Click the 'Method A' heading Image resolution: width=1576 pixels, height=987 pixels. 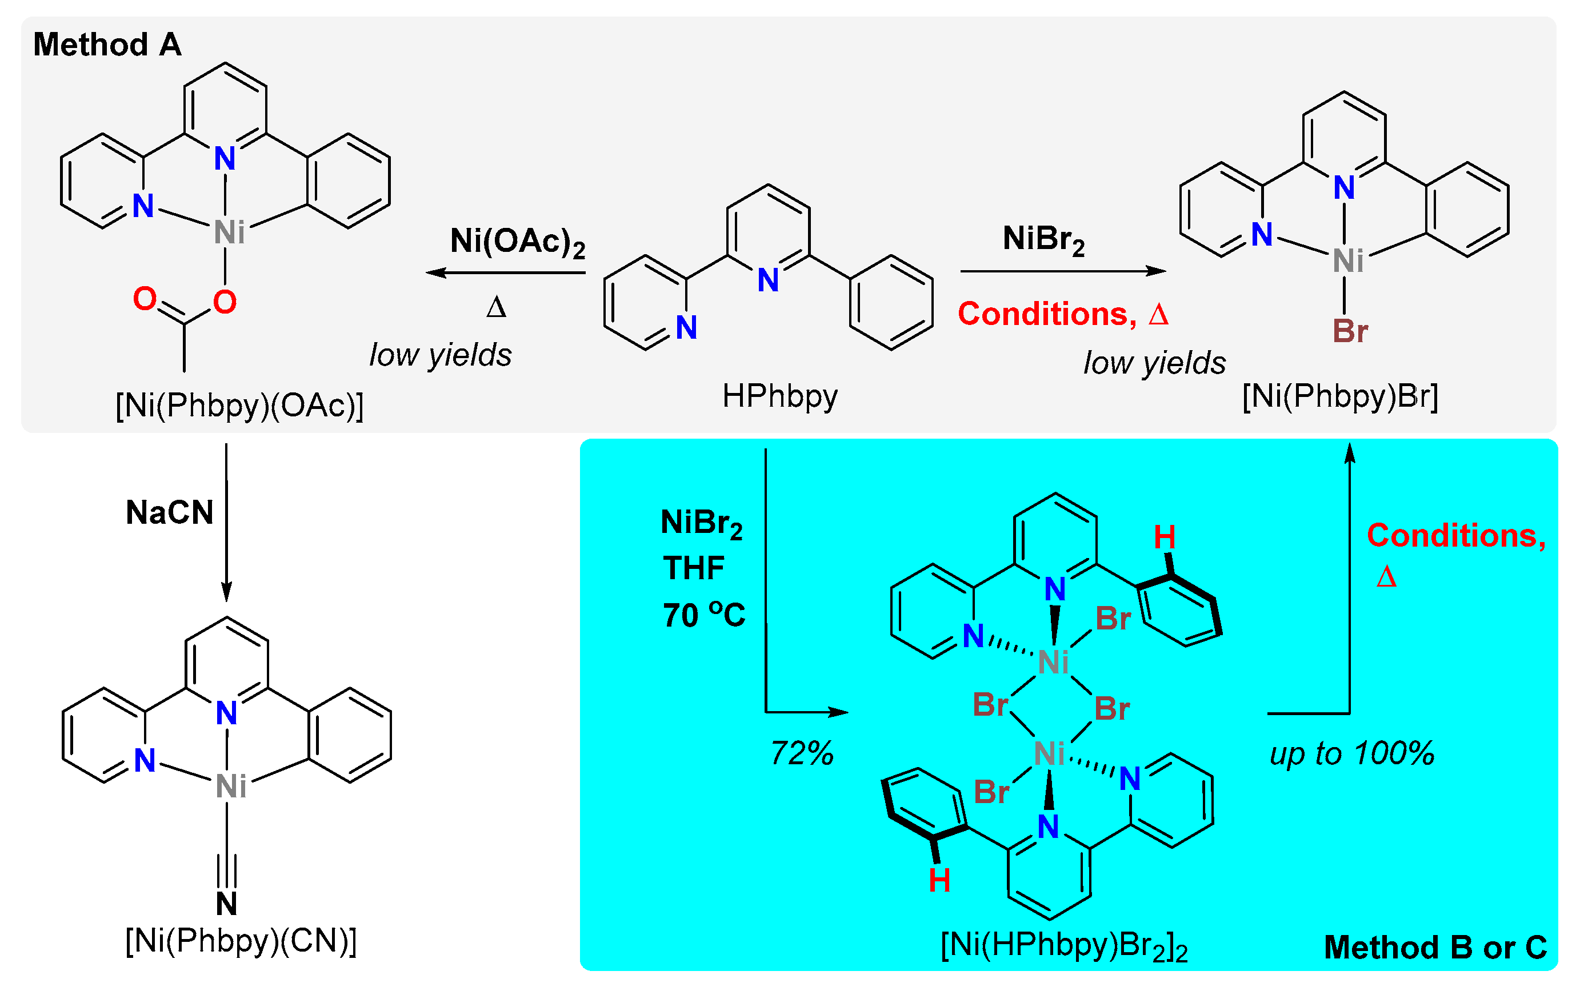(x=107, y=45)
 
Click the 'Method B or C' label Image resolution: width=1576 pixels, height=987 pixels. (x=1434, y=947)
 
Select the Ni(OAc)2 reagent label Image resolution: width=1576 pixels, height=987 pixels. (x=517, y=242)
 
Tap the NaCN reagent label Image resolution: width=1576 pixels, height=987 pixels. (x=170, y=512)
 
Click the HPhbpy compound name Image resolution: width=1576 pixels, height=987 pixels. (x=779, y=396)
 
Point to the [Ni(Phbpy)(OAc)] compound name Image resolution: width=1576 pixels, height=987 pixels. (x=239, y=406)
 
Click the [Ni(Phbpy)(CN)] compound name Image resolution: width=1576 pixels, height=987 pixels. (x=240, y=941)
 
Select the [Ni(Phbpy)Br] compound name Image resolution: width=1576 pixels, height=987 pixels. (x=1339, y=396)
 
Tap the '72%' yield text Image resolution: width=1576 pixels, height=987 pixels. (x=802, y=753)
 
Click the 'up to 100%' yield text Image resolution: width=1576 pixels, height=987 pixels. (x=1351, y=753)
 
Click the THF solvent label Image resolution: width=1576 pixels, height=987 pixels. (x=693, y=568)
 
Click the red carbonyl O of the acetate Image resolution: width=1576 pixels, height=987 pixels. (x=145, y=299)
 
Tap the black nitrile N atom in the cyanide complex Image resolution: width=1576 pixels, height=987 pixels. (x=226, y=904)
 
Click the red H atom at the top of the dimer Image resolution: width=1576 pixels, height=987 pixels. (x=1165, y=537)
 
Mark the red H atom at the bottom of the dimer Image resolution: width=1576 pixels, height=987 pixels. (x=939, y=881)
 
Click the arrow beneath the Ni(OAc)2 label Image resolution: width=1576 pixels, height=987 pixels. (x=505, y=273)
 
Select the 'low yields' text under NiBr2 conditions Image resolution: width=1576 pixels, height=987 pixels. (x=1154, y=363)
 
